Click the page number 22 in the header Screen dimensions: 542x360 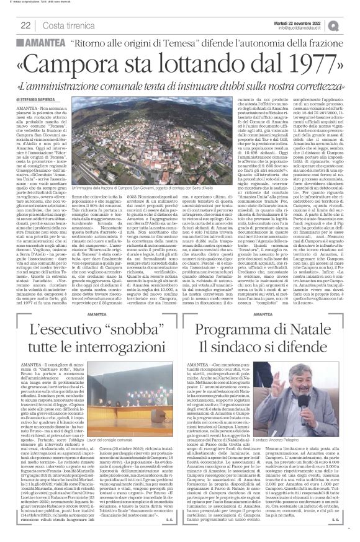[x=25, y=25]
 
